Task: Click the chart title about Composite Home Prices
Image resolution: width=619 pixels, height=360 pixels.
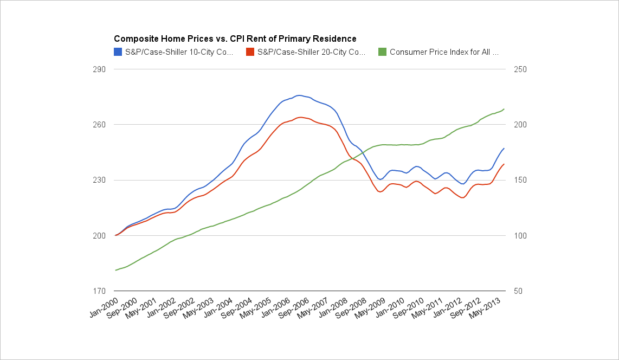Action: pos(235,39)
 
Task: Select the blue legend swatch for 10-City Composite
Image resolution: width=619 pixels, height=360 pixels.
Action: pos(118,52)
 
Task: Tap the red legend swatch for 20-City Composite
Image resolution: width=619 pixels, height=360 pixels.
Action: pos(250,52)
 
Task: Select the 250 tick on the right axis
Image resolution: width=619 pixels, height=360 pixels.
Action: pos(513,69)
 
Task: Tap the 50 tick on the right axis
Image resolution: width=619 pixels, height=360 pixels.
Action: pos(511,291)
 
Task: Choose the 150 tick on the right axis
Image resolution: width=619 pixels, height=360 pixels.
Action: pos(513,180)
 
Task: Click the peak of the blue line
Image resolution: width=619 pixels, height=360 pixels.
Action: pos(299,95)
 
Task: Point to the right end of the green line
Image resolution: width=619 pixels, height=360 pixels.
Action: pos(504,109)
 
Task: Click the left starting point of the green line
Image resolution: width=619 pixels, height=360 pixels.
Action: pos(115,270)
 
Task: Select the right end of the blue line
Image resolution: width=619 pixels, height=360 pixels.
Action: pos(504,148)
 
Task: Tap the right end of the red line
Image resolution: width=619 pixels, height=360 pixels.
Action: pos(504,164)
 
